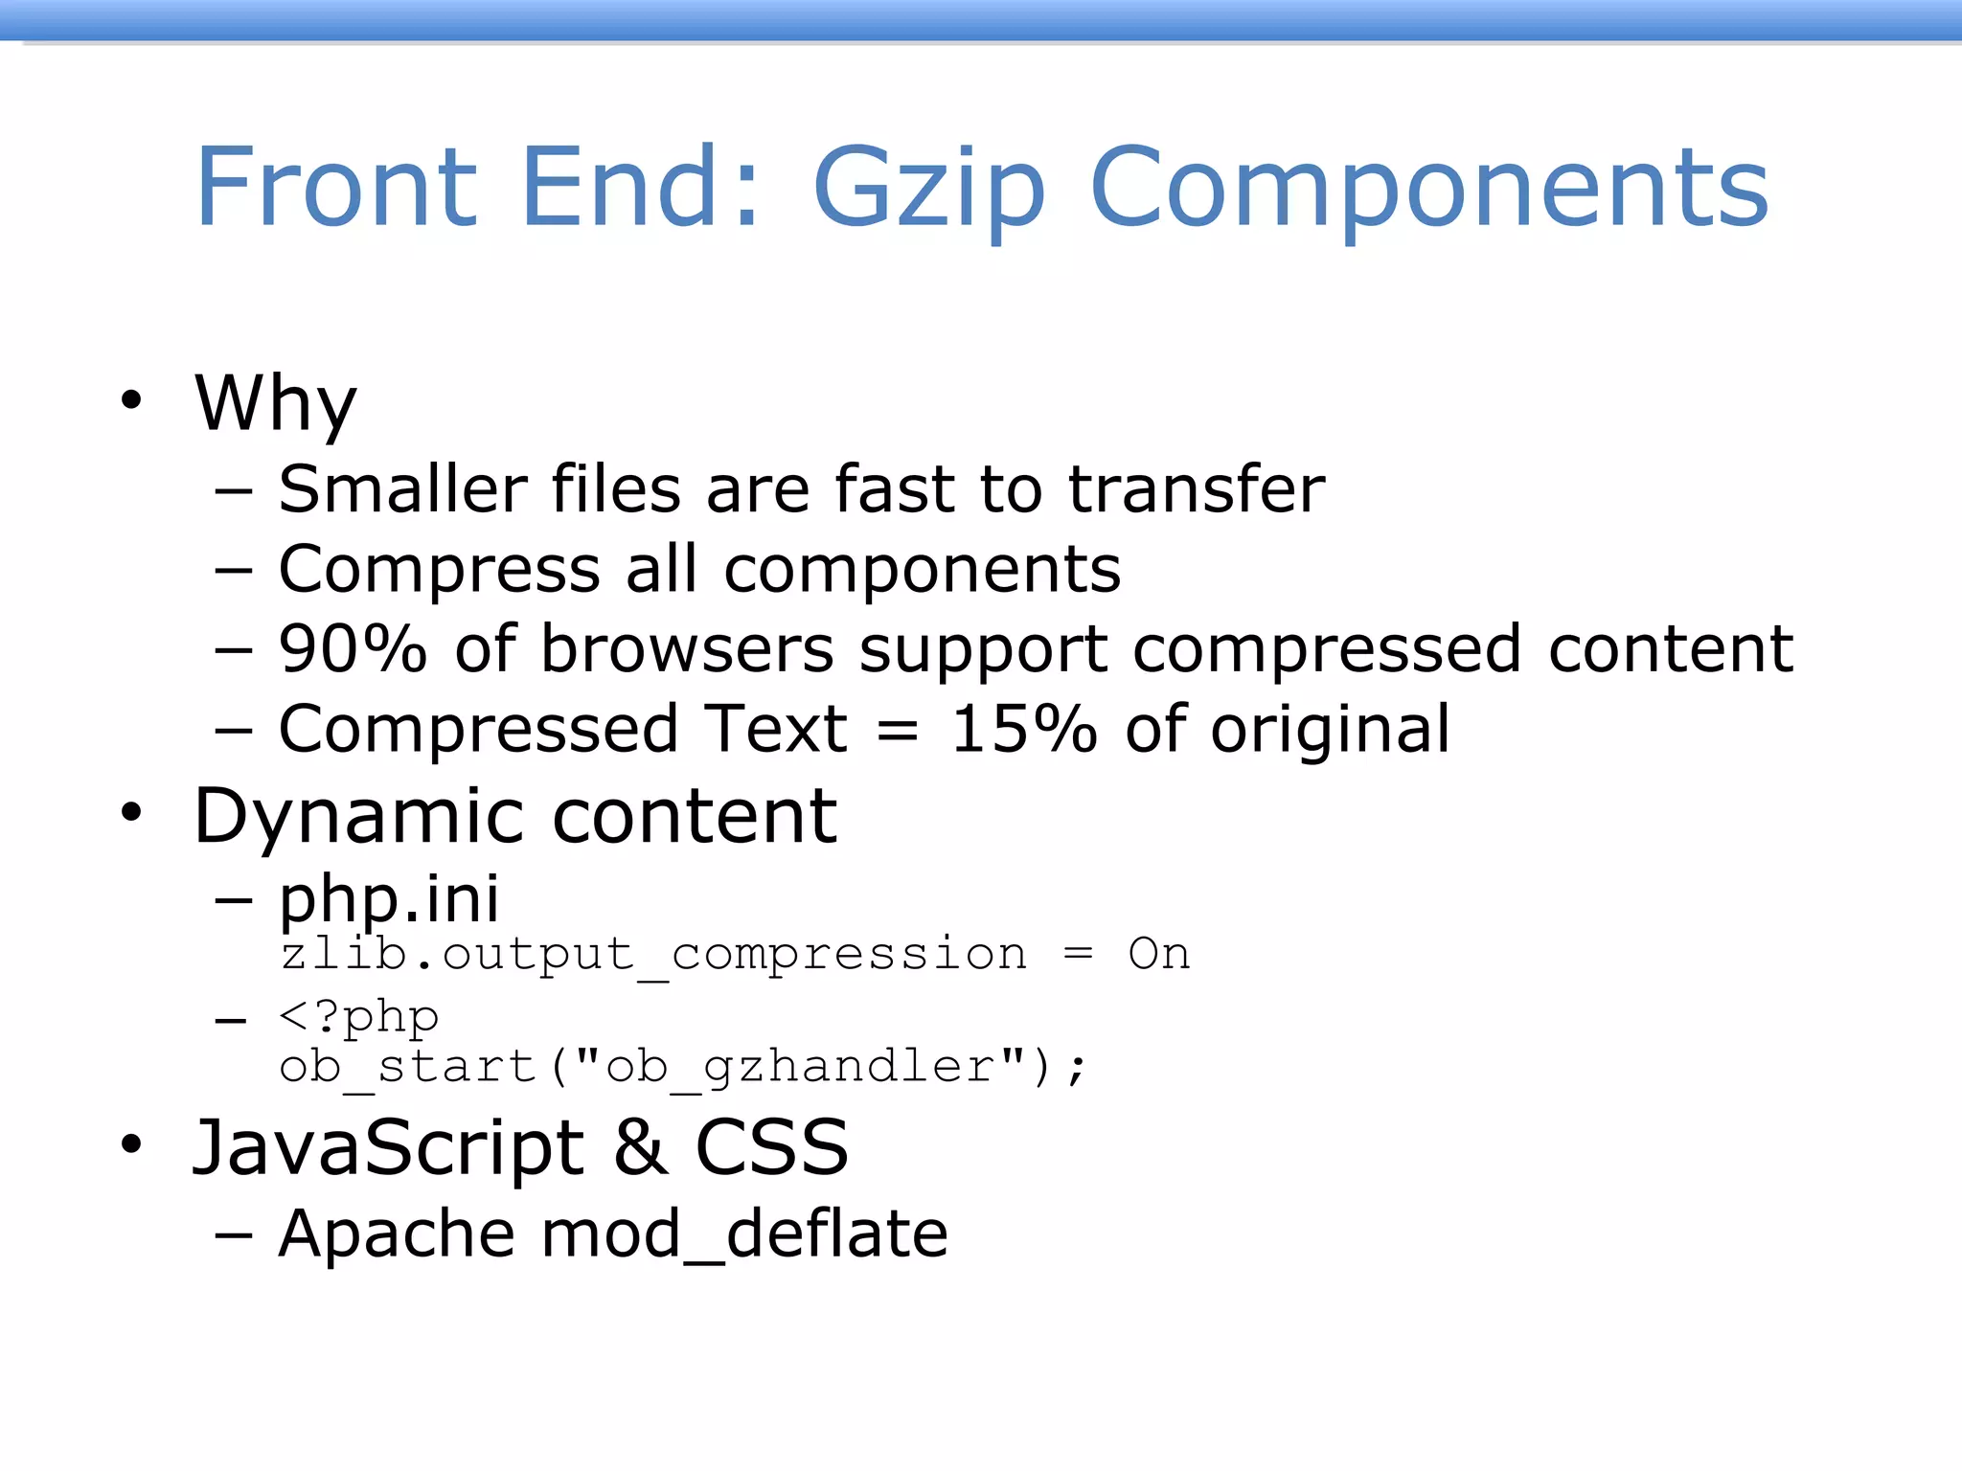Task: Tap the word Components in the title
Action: [x=1428, y=189]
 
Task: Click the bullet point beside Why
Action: [x=131, y=399]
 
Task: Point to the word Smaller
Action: [x=402, y=489]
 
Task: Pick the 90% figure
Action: [x=352, y=649]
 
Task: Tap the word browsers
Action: [x=687, y=649]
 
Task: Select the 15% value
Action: [x=1022, y=730]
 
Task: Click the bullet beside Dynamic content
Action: [x=131, y=813]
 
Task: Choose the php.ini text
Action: [x=388, y=899]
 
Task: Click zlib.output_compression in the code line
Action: [x=653, y=955]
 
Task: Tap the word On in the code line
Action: [x=1158, y=954]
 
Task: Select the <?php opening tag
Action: [x=358, y=1017]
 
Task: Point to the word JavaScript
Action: [x=388, y=1148]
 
